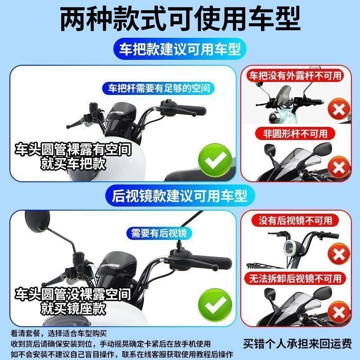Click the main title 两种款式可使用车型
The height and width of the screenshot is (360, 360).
(x=180, y=19)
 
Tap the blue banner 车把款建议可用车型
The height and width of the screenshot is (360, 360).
(x=180, y=49)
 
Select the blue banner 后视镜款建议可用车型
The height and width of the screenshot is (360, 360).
(x=180, y=196)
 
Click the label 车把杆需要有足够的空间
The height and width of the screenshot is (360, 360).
(x=159, y=88)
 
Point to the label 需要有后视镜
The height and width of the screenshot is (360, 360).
(x=159, y=233)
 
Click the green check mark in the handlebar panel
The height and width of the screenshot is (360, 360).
(x=215, y=160)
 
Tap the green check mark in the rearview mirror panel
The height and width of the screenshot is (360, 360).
(x=215, y=305)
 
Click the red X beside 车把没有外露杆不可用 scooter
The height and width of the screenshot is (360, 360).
(x=339, y=109)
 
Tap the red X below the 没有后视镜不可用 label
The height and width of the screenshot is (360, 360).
(x=339, y=254)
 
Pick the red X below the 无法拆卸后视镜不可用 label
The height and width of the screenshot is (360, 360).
(x=339, y=312)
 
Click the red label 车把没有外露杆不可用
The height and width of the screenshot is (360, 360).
(x=296, y=76)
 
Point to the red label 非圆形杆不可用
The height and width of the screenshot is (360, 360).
(x=295, y=133)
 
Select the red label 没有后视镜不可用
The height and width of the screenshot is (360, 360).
(x=295, y=220)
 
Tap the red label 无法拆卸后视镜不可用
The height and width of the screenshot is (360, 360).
(x=295, y=279)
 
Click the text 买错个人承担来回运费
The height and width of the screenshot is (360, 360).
(x=297, y=344)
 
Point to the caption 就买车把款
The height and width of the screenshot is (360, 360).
(x=73, y=164)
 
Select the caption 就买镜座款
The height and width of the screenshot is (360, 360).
(x=73, y=308)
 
